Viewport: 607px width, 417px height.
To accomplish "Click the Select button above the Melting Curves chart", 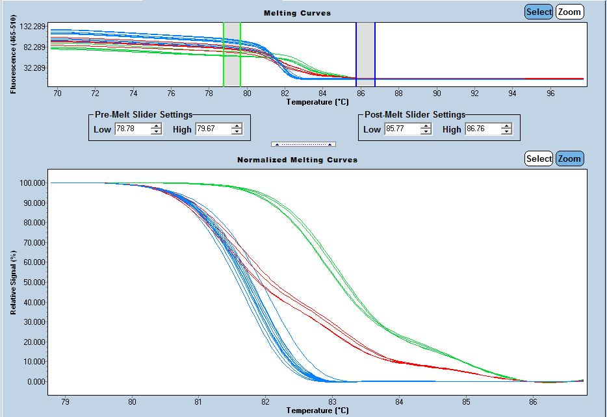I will coord(539,12).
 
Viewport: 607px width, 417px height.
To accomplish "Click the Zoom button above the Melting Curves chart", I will coord(569,12).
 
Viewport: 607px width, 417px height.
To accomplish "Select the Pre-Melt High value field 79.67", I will coord(213,129).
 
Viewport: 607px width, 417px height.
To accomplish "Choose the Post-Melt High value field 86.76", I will coord(482,129).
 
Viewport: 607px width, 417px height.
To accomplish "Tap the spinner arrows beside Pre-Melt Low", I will coord(156,129).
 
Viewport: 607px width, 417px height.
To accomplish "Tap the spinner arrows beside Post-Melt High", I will coord(506,129).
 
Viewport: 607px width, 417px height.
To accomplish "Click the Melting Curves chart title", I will coord(297,13).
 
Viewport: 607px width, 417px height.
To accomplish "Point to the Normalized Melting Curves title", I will coord(297,160).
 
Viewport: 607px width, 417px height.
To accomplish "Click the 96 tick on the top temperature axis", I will coord(550,94).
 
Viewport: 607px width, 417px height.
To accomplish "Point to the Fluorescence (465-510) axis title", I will coord(13,57).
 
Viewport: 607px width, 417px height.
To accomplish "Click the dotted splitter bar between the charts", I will coord(303,144).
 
